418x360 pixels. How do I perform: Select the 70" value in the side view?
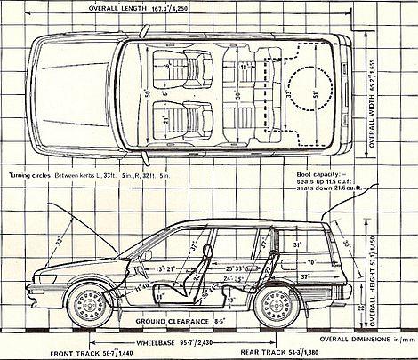(x=309, y=263)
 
